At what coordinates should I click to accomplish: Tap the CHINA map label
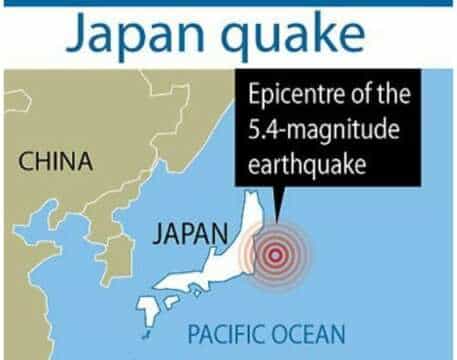56,161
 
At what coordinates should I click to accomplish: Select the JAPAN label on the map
189,236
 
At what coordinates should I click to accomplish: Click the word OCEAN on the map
309,332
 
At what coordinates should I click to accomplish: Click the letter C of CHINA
27,161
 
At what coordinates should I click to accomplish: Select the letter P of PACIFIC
194,332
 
